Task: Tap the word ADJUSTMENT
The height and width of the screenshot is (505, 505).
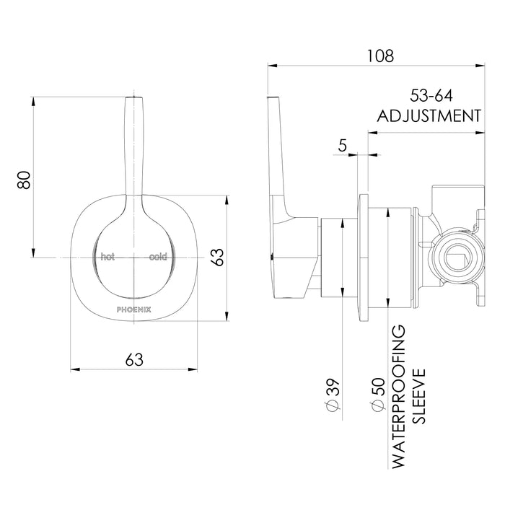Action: pos(429,115)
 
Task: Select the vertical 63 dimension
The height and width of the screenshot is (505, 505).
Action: pos(216,257)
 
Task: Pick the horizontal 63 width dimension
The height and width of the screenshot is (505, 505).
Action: pos(134,359)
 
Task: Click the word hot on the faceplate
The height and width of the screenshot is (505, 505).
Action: pos(107,257)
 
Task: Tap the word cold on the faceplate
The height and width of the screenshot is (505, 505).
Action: pos(158,257)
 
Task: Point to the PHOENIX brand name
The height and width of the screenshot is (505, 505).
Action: pos(133,307)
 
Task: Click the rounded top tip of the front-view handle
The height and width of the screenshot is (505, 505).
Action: pos(133,98)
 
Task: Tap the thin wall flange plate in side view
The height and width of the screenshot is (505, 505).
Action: pos(364,256)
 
